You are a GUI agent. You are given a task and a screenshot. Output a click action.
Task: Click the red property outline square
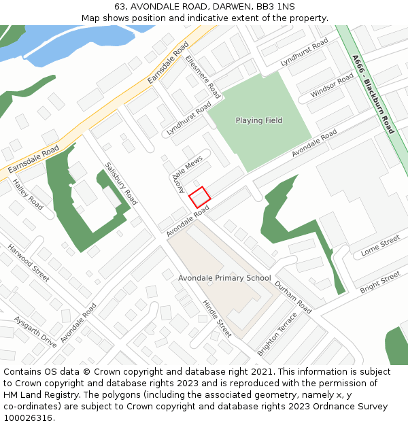199,197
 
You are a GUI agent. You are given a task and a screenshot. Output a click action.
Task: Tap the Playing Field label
258,120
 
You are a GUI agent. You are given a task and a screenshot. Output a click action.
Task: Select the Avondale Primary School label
224,278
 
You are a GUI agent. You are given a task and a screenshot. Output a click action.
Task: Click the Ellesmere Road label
203,77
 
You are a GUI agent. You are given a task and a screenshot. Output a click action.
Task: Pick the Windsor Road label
332,85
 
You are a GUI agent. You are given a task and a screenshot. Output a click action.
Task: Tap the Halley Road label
29,197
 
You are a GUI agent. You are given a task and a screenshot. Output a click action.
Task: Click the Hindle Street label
217,318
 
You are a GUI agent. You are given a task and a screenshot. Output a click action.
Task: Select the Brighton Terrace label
277,334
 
